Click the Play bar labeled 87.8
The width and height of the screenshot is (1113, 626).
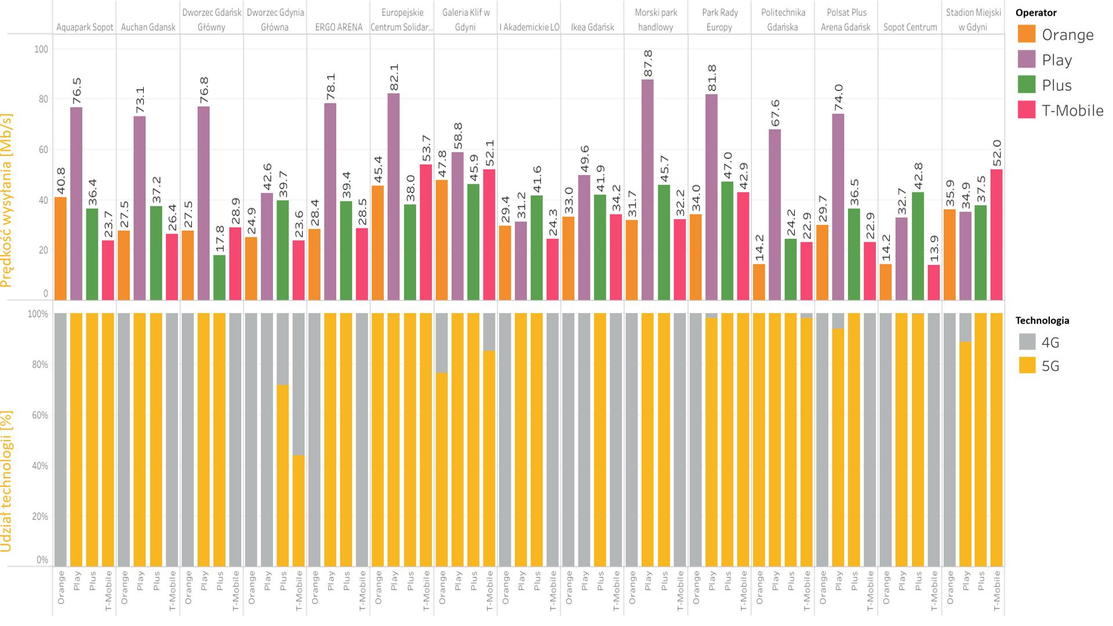648,190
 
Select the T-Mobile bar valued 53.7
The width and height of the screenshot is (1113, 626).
426,232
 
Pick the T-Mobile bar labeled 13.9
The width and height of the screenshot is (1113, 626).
933,282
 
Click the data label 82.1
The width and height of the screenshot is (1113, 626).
394,77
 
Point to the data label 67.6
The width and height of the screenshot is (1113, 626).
775,113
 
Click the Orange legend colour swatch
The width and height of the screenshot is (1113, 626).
1027,34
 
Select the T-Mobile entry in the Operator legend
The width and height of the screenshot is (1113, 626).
1072,110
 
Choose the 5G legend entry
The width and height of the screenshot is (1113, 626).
1050,366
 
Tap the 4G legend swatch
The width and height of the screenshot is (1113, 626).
1027,342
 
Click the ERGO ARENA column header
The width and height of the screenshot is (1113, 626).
339,27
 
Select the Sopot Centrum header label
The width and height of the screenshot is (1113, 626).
910,27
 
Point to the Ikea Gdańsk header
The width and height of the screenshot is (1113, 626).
592,27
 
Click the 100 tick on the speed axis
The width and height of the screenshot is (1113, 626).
41,49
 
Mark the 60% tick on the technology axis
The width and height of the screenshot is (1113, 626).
39,415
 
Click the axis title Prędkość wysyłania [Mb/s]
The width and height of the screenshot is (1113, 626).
7,200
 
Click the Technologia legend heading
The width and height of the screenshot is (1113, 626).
1042,321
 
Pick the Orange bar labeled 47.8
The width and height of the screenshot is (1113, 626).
442,239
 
